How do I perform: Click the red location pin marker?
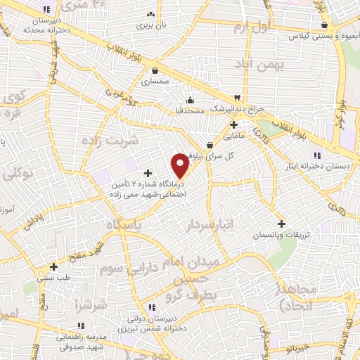(x=181, y=164)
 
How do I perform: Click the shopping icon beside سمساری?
(x=155, y=70)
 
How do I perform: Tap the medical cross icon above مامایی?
(x=233, y=124)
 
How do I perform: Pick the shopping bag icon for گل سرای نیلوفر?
(x=210, y=145)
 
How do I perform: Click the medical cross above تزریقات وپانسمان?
(x=282, y=223)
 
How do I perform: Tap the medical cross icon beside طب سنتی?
(x=54, y=266)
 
